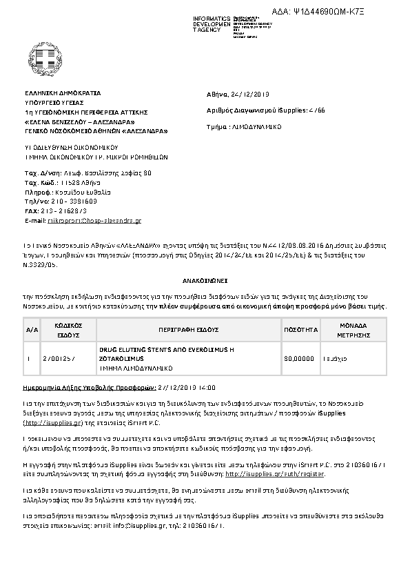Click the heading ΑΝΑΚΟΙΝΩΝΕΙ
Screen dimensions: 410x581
[205, 282]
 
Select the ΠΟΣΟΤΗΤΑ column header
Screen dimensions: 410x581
[302, 330]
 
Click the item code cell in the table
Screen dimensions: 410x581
[58, 360]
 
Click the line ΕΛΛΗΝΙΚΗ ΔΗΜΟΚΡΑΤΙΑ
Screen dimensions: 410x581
[63, 92]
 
